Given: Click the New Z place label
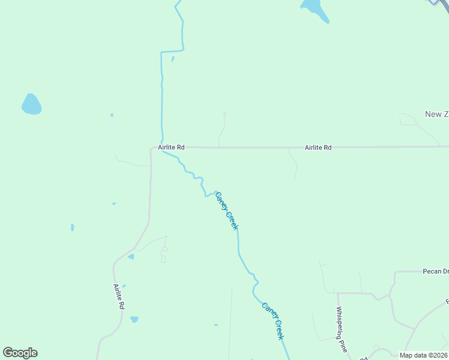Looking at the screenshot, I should (436, 114).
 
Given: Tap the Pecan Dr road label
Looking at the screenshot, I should (435, 271).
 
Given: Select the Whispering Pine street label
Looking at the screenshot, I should (341, 329).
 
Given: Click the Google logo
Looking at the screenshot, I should (20, 353).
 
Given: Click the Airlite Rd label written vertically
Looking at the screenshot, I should (119, 296).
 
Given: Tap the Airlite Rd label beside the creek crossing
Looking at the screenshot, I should (171, 147).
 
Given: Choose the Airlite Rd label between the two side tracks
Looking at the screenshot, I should (318, 147).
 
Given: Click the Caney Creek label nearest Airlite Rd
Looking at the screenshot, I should (227, 210).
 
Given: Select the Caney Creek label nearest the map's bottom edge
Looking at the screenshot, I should (272, 320).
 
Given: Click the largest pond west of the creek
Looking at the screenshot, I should (31, 104).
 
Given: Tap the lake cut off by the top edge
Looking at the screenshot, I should (315, 10).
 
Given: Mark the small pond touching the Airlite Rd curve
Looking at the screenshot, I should (131, 257).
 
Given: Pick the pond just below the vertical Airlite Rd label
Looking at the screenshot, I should (134, 319).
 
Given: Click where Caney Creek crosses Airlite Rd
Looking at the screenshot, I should (162, 148).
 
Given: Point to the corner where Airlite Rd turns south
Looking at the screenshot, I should (151, 149).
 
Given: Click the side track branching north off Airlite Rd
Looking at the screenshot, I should (221, 129).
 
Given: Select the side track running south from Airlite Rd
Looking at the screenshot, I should (294, 164).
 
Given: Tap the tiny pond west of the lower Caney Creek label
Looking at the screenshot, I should (215, 325).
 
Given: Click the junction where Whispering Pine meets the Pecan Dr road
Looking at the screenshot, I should (337, 293).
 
